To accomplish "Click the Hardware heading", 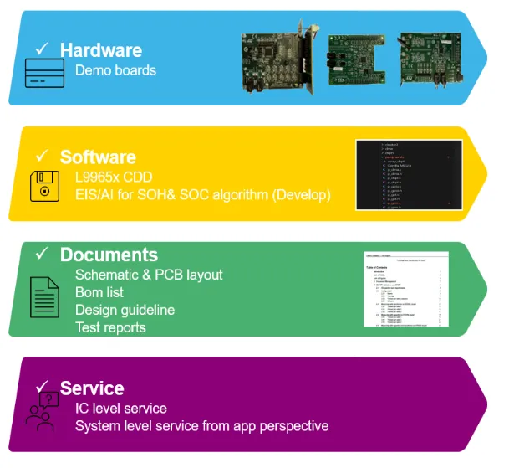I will (x=100, y=50).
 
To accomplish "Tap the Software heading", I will (x=98, y=157).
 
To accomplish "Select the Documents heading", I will (x=109, y=255).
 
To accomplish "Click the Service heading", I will (x=92, y=388).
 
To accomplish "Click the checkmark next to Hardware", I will (x=42, y=49).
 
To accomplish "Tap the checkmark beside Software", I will (x=42, y=156).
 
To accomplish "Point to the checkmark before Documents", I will (x=42, y=253).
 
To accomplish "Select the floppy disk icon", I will (x=44, y=187).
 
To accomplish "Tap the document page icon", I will (x=44, y=297).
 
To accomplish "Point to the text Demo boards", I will (x=115, y=70).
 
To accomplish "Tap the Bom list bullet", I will (x=99, y=292).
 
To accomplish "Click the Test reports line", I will (x=110, y=327).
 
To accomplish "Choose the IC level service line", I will (x=121, y=409).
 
